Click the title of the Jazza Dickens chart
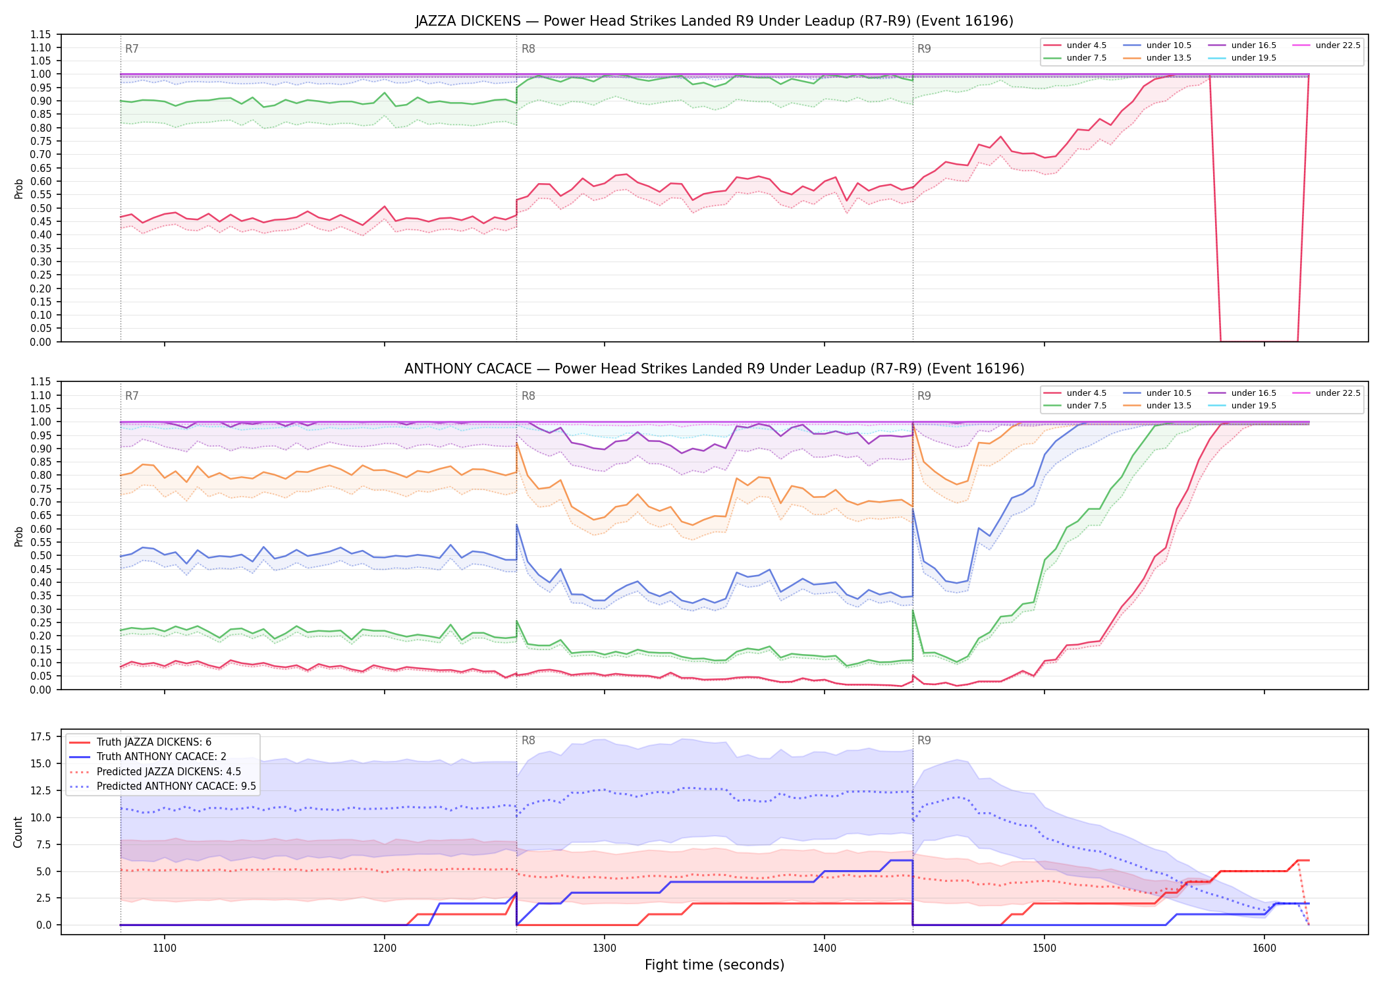714,21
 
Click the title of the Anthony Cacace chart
714,369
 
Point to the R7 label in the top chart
132,49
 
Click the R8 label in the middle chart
528,396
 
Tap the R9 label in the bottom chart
924,740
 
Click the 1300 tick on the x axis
605,948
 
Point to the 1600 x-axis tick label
1264,948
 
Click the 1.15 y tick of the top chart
41,34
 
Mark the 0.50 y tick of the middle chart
41,555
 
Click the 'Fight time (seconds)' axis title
715,965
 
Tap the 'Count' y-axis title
18,832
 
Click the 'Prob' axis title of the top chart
18,188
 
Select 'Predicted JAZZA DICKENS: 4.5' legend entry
169,772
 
